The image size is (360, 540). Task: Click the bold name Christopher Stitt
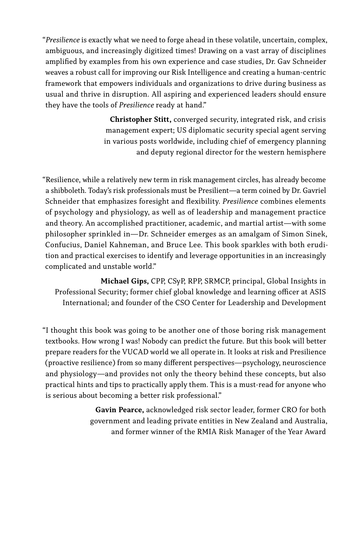tap(140, 120)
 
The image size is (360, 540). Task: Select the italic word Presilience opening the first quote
tap(63, 40)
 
